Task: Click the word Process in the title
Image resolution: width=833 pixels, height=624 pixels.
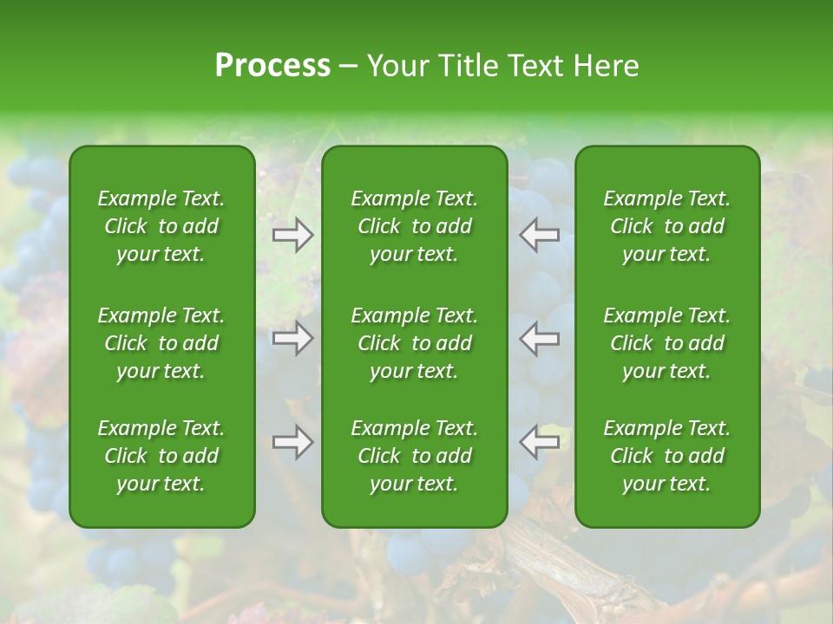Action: click(272, 66)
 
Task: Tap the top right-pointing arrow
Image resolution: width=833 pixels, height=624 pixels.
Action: click(292, 235)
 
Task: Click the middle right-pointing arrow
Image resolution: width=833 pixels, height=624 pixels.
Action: click(292, 338)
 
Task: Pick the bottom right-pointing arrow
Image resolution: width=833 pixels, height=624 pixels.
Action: click(292, 442)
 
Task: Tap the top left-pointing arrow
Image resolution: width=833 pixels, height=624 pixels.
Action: click(540, 235)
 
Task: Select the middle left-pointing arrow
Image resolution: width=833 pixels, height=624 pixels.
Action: click(540, 338)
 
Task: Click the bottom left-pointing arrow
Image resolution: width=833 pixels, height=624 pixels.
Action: click(540, 442)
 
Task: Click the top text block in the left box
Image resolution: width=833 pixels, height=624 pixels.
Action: click(161, 226)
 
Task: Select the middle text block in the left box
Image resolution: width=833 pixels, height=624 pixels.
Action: click(161, 343)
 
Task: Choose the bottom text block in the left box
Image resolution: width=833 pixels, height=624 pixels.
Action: click(161, 456)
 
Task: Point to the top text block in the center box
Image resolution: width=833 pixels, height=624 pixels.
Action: click(414, 226)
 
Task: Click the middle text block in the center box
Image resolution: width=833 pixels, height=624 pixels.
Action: click(414, 343)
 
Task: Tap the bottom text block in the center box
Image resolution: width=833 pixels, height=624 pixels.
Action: click(414, 456)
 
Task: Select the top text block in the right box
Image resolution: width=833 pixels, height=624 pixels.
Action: click(666, 226)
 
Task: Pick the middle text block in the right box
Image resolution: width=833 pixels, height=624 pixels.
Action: click(666, 343)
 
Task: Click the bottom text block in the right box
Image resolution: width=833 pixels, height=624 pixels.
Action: click(666, 456)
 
